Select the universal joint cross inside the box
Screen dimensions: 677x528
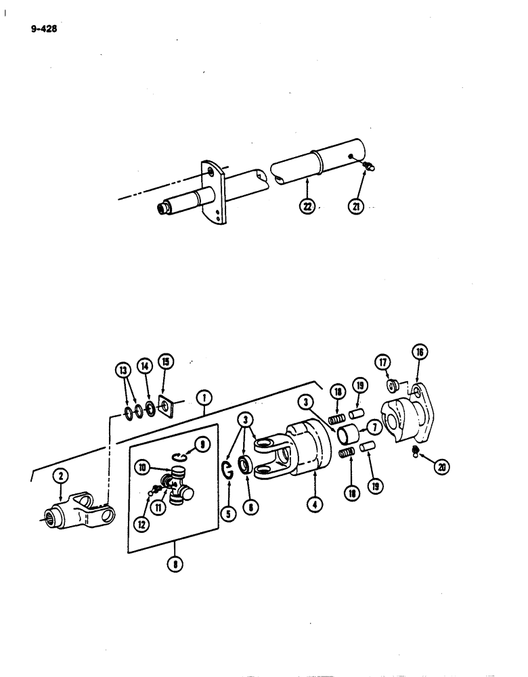point(175,487)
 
